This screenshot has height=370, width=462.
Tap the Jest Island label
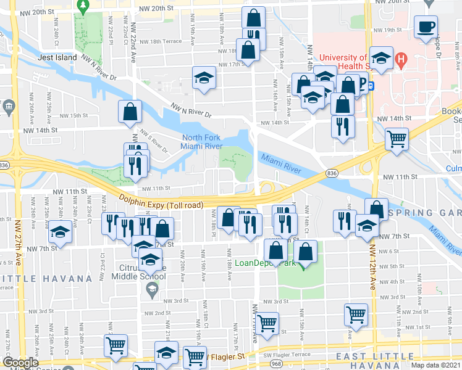[57, 57]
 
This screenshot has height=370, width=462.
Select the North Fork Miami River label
[206, 141]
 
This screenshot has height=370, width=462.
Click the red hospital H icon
[401, 60]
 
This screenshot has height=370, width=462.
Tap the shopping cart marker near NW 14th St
[397, 138]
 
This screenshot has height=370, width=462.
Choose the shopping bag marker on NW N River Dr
[130, 112]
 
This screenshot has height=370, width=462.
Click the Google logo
[21, 363]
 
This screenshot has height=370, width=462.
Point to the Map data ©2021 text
[435, 365]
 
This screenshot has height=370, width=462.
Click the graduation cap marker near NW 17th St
[203, 78]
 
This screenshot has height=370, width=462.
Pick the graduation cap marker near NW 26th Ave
[60, 232]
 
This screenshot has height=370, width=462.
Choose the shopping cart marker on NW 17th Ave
[267, 323]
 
